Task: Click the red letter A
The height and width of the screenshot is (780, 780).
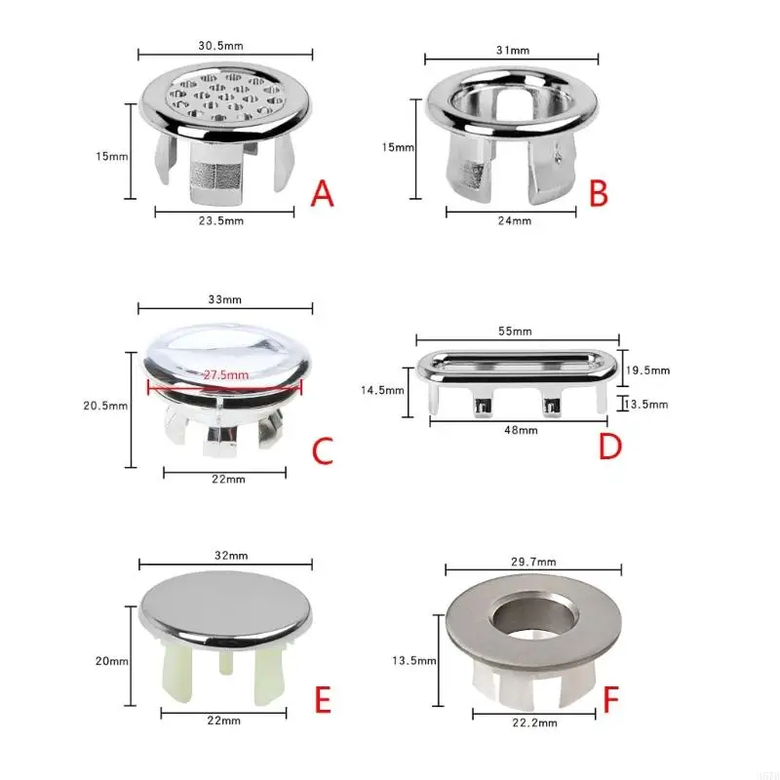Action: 323,194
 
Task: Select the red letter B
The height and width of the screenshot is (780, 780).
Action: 599,193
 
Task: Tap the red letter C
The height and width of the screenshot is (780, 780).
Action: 322,450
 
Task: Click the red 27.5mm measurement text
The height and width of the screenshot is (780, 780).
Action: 225,374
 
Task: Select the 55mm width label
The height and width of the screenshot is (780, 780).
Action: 519,331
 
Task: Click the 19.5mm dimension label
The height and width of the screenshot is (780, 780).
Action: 649,370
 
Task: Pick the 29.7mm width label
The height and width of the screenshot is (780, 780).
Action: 532,562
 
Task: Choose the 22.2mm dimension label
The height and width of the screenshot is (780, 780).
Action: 533,722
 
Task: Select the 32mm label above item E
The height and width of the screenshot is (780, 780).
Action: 225,555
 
